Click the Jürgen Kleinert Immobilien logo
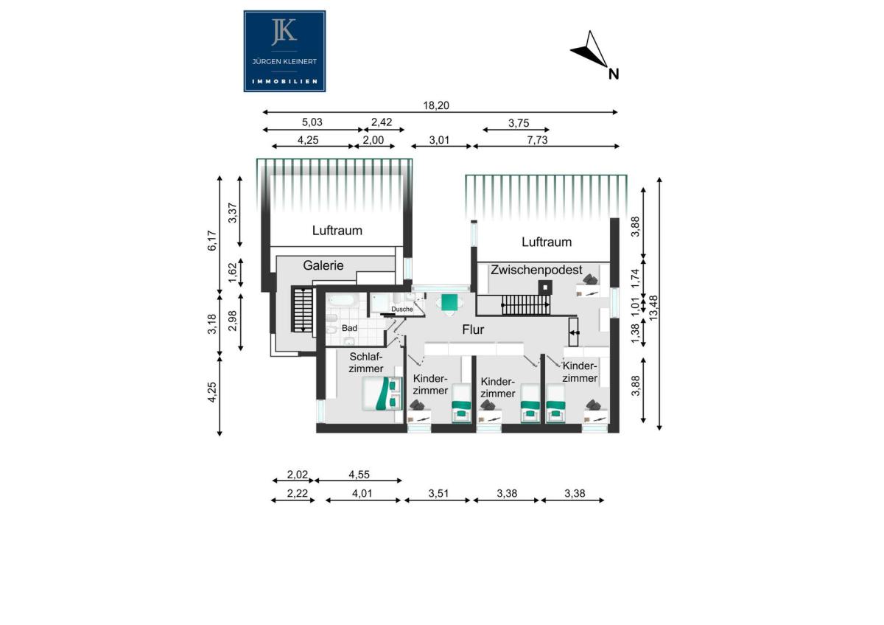[x=284, y=52]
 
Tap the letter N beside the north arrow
[x=613, y=74]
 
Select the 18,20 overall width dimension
[x=436, y=105]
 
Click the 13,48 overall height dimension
[x=653, y=308]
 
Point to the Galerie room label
[x=323, y=265]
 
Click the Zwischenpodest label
[x=536, y=270]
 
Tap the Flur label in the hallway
[x=473, y=329]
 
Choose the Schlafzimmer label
[x=366, y=363]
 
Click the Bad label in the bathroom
[x=349, y=328]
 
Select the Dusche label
[x=401, y=309]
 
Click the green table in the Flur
[x=449, y=302]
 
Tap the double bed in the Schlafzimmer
[x=382, y=394]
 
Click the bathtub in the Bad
[x=342, y=301]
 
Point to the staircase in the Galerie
[x=302, y=309]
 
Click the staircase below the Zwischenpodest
[x=526, y=305]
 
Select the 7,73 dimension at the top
[x=537, y=140]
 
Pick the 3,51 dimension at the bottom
[x=438, y=494]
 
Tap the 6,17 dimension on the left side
[x=212, y=240]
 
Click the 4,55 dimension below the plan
[x=359, y=475]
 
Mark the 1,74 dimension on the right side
[x=634, y=279]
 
